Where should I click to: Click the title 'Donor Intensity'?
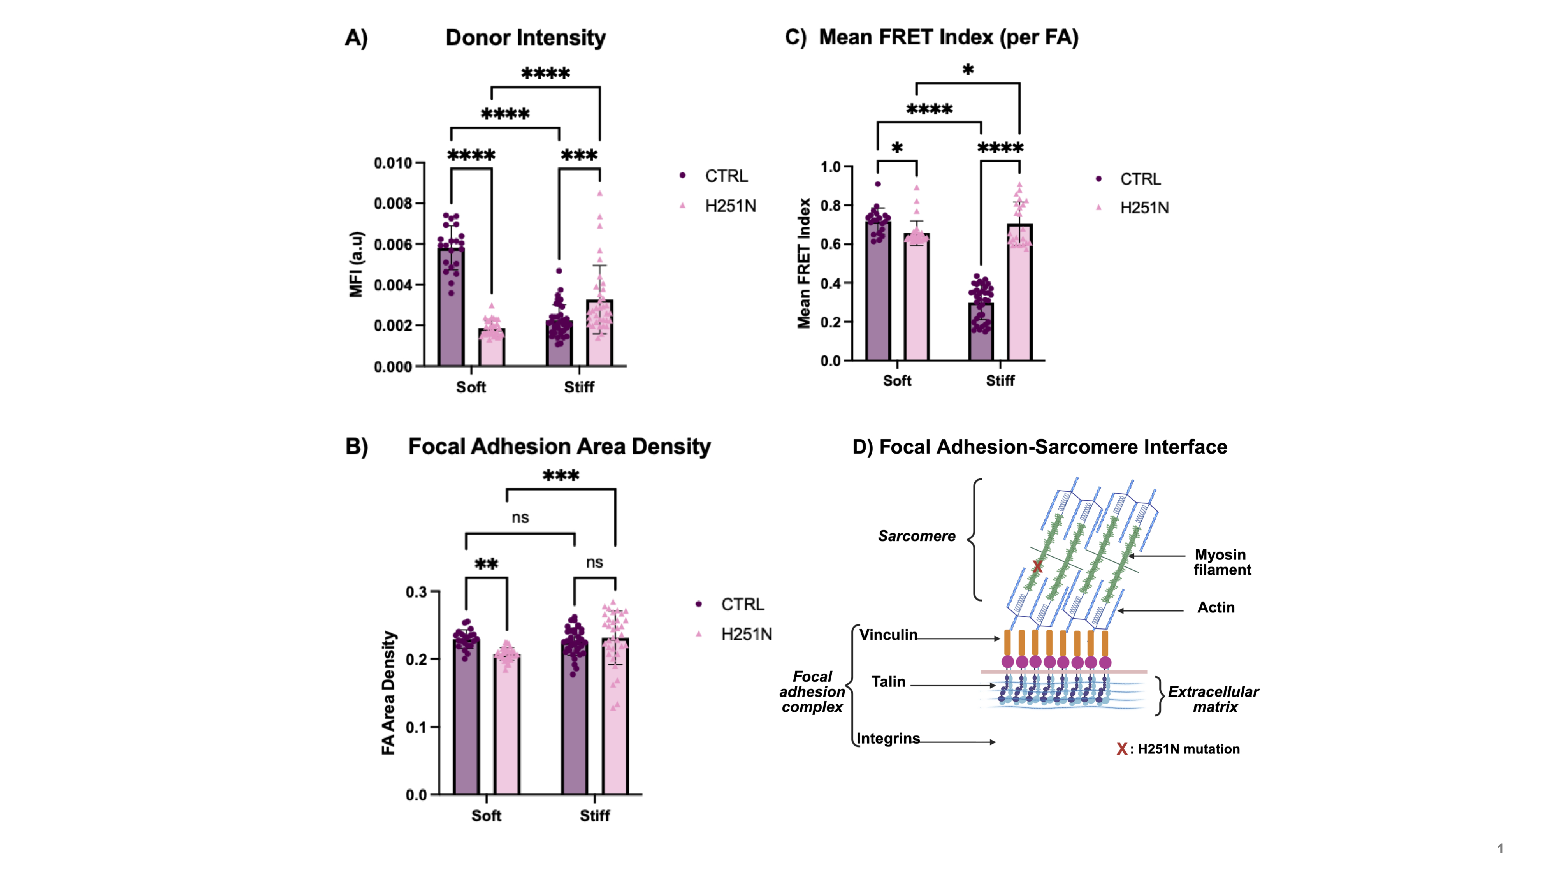click(x=525, y=37)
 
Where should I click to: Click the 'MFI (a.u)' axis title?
click(x=356, y=264)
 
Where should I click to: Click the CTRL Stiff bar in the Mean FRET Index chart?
click(x=981, y=331)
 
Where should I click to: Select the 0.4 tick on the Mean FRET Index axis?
click(x=831, y=283)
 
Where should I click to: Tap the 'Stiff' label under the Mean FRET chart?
click(x=1000, y=381)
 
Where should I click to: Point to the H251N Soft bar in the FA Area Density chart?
click(x=506, y=724)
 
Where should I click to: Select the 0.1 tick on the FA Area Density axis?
click(x=416, y=726)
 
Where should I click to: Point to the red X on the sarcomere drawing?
click(x=1037, y=566)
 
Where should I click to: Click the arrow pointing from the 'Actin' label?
click(x=1150, y=610)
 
